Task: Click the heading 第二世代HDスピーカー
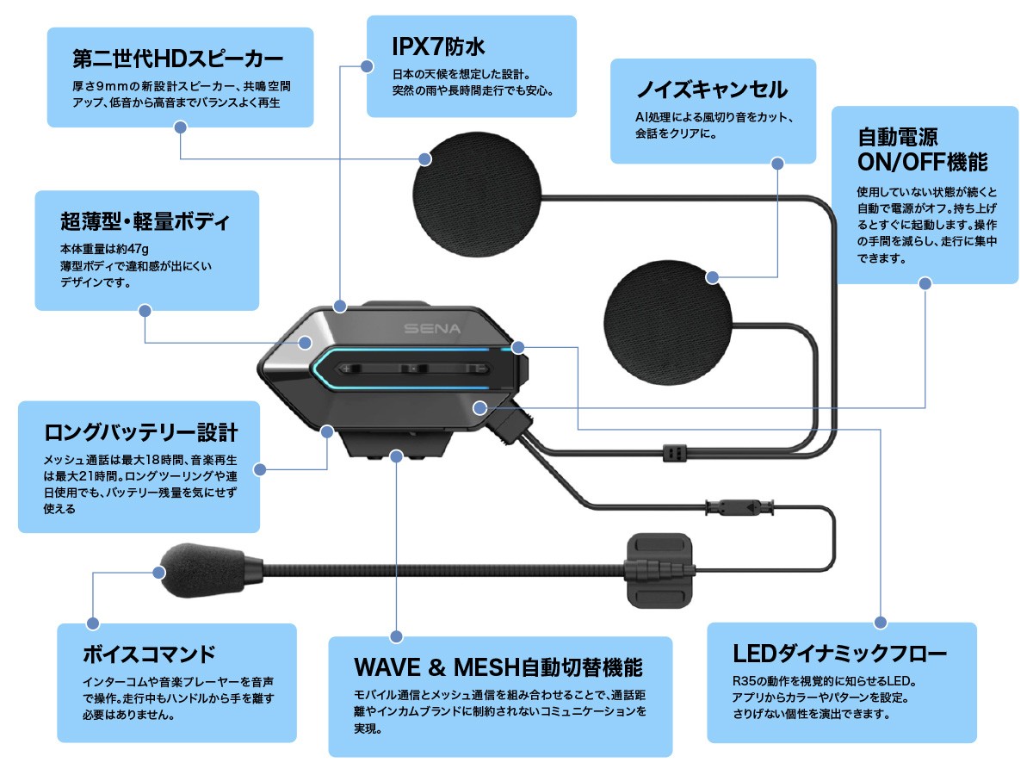pyautogui.click(x=178, y=59)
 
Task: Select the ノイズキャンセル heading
pyautogui.click(x=712, y=90)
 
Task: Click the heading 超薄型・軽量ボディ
pyautogui.click(x=145, y=221)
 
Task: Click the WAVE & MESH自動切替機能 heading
pyautogui.click(x=498, y=667)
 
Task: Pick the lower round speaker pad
pyautogui.click(x=667, y=319)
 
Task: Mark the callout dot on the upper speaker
pyautogui.click(x=425, y=158)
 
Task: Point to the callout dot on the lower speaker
pyautogui.click(x=712, y=277)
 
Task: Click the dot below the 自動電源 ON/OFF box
pyautogui.click(x=925, y=282)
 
